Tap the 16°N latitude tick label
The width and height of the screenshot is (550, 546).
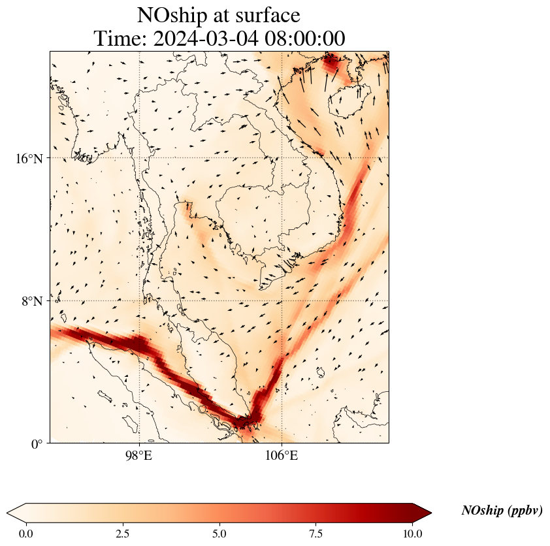(x=29, y=158)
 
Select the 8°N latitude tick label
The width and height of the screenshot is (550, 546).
(x=32, y=301)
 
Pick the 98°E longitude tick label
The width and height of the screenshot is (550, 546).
(x=139, y=455)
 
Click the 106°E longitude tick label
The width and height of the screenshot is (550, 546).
(x=282, y=455)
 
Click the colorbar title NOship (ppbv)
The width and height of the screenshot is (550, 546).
(x=502, y=511)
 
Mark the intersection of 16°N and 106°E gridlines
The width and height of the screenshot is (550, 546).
(x=282, y=158)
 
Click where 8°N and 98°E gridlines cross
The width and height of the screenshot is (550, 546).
(x=139, y=301)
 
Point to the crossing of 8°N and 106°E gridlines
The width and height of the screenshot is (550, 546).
(x=282, y=301)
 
